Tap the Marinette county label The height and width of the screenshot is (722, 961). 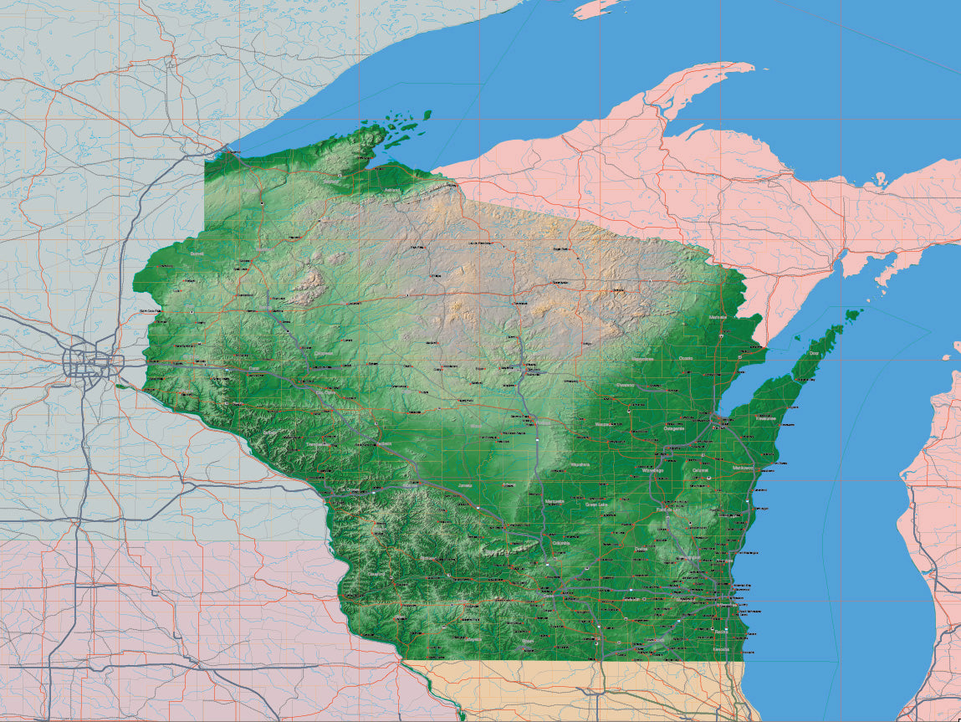717,319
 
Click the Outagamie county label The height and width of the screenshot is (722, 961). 674,428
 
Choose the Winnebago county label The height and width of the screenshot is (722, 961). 652,470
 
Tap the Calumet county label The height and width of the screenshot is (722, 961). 701,470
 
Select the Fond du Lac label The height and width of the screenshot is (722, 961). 667,509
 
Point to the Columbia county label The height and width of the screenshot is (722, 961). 560,543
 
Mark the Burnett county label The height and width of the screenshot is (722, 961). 197,253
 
